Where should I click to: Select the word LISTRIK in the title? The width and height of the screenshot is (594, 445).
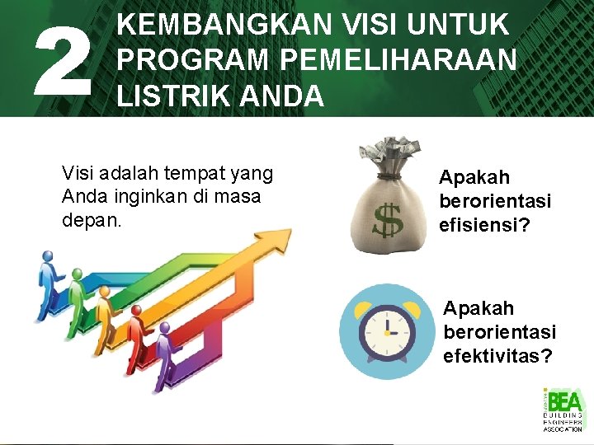tap(169, 96)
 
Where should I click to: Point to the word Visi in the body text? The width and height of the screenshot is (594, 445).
tap(78, 173)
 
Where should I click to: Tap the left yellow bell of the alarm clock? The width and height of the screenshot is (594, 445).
tap(363, 311)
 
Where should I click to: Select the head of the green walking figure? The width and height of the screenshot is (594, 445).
tap(76, 275)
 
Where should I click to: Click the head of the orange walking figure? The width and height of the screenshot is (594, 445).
tap(104, 294)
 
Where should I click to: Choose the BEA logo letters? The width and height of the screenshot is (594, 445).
tap(565, 402)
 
